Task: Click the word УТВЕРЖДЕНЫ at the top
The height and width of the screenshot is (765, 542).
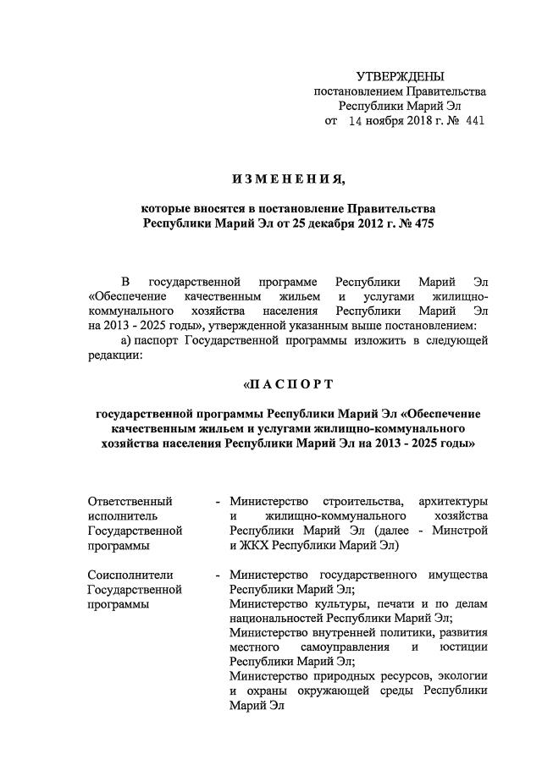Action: click(x=400, y=77)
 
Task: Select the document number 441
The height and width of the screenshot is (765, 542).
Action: click(x=475, y=121)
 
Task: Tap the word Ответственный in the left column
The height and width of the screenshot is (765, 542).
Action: click(x=130, y=501)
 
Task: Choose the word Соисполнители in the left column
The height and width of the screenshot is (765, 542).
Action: click(x=130, y=575)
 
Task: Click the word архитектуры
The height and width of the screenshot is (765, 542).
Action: click(x=453, y=501)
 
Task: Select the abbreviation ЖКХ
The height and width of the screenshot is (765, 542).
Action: click(x=257, y=546)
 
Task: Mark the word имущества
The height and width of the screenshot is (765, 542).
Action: click(x=455, y=575)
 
